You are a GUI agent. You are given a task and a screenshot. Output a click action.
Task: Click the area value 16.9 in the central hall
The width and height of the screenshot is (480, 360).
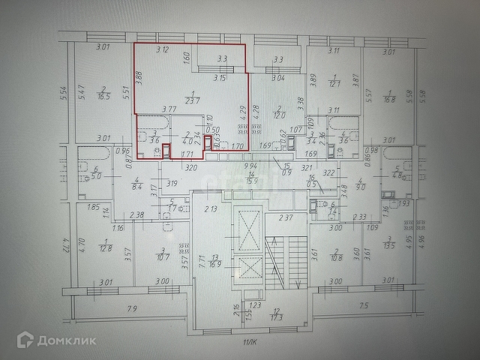click(217, 265)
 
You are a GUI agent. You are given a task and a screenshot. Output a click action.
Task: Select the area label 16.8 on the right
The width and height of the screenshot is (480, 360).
click(388, 98)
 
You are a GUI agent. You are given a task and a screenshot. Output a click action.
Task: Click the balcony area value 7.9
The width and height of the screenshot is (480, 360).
click(133, 307)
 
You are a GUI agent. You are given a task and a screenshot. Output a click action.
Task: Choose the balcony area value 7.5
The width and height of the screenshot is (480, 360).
click(364, 306)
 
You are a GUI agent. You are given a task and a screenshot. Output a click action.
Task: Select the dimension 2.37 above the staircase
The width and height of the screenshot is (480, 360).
click(284, 218)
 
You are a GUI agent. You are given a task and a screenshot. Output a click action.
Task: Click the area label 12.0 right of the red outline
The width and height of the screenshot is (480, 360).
click(279, 115)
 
